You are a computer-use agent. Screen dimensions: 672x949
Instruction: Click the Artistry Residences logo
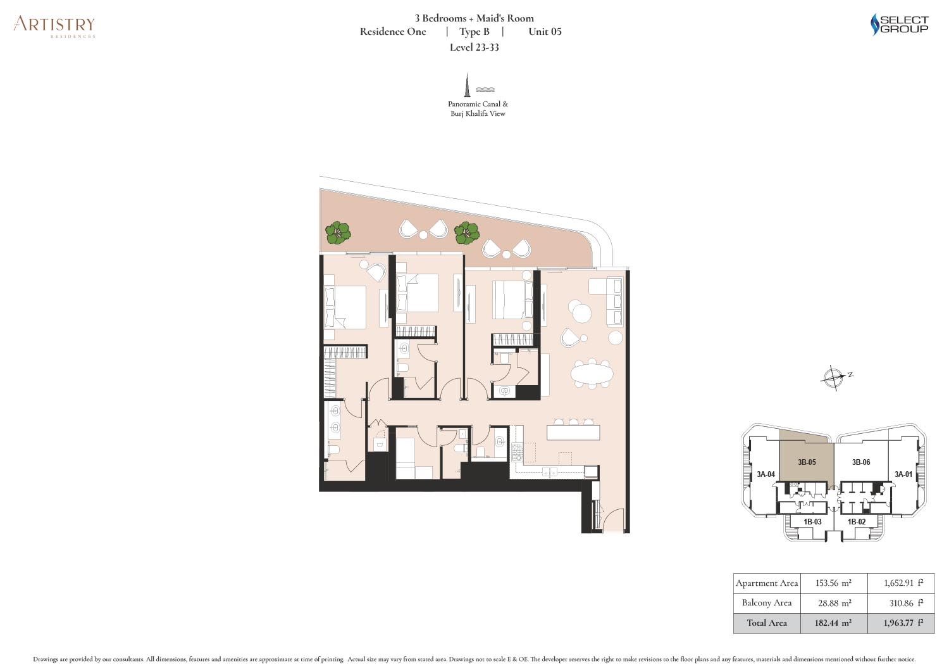tap(54, 27)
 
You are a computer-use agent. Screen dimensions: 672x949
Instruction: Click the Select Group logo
tap(899, 25)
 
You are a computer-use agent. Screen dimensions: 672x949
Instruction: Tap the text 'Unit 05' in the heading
tap(544, 32)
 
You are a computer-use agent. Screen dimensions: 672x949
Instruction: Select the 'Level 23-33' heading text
tap(474, 48)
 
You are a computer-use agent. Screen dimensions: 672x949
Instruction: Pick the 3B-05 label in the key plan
tap(806, 462)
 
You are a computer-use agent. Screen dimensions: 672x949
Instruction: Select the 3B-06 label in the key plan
tap(860, 462)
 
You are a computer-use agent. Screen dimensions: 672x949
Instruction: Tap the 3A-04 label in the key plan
tap(766, 474)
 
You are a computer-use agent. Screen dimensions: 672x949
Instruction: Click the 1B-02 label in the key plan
tap(856, 522)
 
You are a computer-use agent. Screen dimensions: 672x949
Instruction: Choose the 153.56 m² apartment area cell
tap(832, 583)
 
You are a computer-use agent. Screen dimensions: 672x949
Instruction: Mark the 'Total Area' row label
tap(766, 623)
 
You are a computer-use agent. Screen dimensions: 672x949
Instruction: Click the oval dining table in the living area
tap(592, 374)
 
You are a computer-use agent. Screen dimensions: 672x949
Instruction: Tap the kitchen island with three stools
tap(573, 432)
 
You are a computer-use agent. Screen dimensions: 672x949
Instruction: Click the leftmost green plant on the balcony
tap(338, 233)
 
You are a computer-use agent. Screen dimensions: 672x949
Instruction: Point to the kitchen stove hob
tap(518, 452)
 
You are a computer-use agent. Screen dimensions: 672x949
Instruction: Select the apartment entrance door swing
tap(611, 520)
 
